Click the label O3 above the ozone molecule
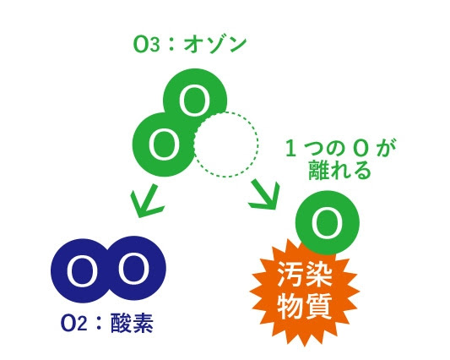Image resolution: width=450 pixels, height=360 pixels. (146, 45)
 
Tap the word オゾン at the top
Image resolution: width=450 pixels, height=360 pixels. (215, 45)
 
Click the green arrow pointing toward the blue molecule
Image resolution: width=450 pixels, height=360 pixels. (146, 201)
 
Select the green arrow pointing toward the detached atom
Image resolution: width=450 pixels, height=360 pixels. (264, 195)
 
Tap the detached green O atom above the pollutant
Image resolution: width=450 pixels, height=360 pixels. (328, 222)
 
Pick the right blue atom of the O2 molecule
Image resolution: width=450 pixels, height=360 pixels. (135, 269)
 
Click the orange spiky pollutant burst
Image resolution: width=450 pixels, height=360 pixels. (304, 296)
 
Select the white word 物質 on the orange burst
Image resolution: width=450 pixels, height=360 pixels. (305, 305)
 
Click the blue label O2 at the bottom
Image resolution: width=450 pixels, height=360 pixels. (73, 324)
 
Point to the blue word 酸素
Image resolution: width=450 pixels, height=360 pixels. (132, 323)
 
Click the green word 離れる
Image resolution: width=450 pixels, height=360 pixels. (339, 170)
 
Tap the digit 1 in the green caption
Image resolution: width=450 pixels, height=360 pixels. (291, 149)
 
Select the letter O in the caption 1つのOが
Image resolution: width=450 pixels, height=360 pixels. (361, 149)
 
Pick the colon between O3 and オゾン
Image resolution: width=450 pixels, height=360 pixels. (171, 45)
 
